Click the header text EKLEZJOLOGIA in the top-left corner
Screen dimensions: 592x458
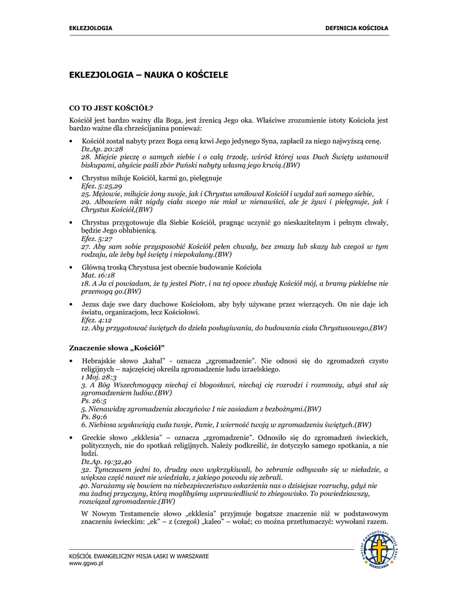tap(91, 28)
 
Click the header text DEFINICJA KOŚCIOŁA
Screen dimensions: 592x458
tap(357, 28)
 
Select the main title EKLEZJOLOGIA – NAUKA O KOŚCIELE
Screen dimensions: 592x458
tap(149, 75)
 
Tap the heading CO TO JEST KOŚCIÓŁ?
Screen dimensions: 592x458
tap(111, 108)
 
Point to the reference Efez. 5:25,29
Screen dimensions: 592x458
tap(101, 186)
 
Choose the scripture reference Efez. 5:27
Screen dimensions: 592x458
tap(97, 238)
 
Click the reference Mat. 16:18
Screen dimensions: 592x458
tap(98, 276)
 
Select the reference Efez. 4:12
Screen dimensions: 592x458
tap(97, 320)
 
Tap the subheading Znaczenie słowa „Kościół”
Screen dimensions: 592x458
tap(117, 347)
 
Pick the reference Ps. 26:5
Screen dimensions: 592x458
tap(94, 401)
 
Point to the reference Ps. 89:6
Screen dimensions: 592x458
tap(94, 416)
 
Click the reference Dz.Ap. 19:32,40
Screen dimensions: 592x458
tap(107, 462)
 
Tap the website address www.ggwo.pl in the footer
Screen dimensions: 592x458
tap(86, 563)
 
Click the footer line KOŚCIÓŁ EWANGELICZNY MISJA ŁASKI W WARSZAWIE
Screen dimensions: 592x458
tap(139, 556)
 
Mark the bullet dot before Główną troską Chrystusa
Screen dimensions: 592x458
tap(71, 268)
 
